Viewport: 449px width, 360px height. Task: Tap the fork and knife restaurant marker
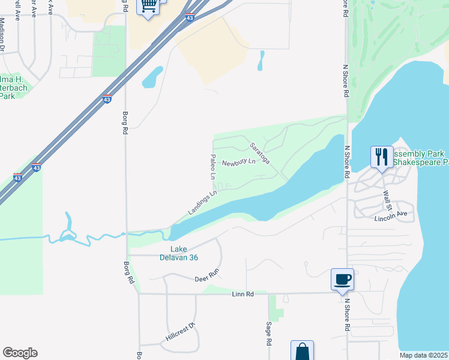[382, 157]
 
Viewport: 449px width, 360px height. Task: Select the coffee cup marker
[343, 279]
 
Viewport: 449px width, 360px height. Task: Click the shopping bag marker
[302, 350]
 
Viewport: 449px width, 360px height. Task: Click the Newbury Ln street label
[238, 163]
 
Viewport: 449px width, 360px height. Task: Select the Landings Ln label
[202, 203]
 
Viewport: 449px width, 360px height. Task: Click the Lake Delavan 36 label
[184, 253]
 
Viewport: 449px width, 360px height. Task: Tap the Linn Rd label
[243, 293]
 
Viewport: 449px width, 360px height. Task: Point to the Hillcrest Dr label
[181, 334]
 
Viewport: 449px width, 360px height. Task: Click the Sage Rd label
[268, 334]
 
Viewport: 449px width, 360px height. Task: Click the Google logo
[20, 353]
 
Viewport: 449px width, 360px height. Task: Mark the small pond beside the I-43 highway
[152, 77]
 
